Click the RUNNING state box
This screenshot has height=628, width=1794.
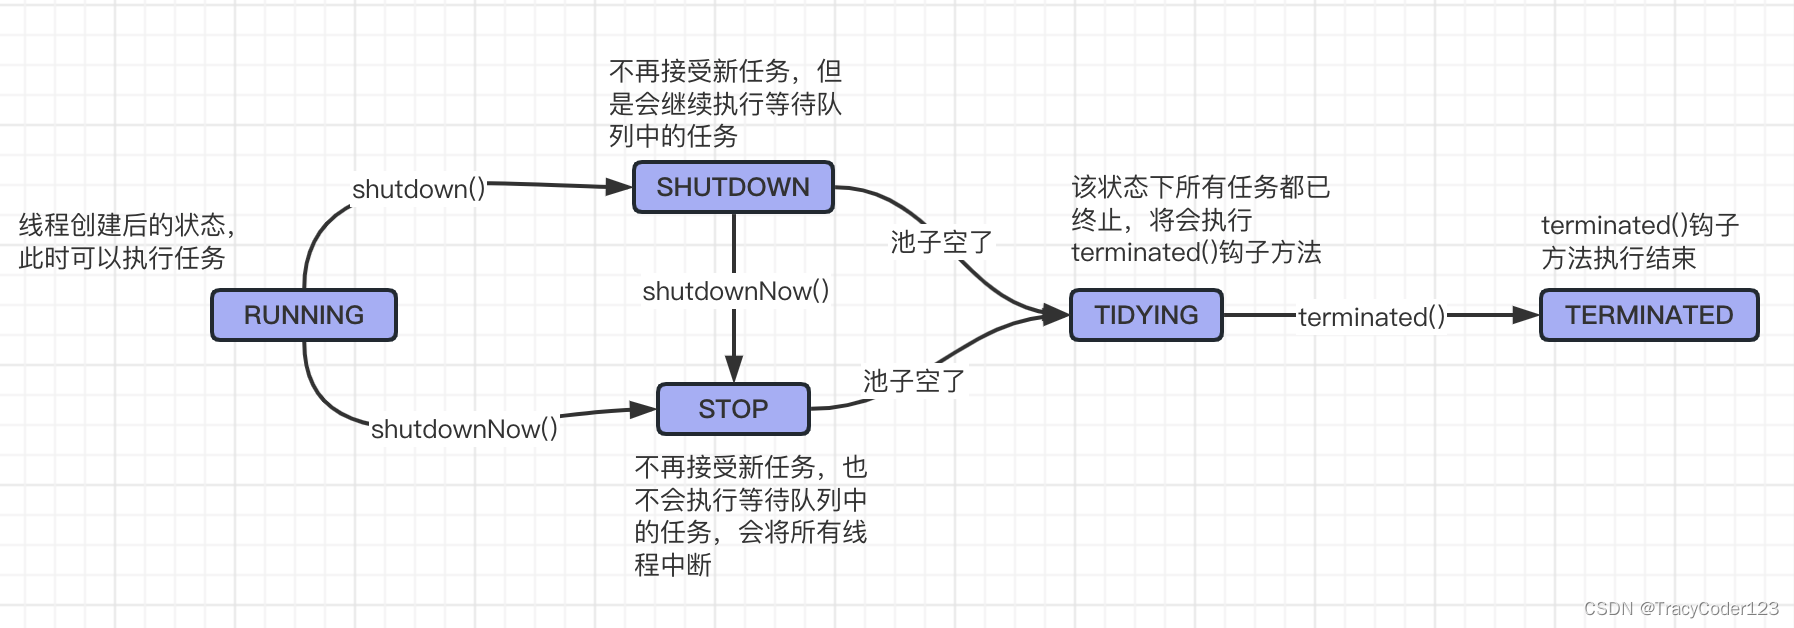pyautogui.click(x=304, y=315)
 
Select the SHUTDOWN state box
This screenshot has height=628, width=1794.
pyautogui.click(x=733, y=187)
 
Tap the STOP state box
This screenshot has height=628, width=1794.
pyautogui.click(x=733, y=409)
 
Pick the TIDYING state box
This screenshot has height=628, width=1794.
pyautogui.click(x=1146, y=315)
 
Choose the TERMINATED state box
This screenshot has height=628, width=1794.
pyautogui.click(x=1649, y=315)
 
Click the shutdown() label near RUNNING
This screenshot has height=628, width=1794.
pyautogui.click(x=418, y=189)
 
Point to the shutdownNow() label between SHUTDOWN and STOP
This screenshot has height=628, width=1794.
pyautogui.click(x=735, y=291)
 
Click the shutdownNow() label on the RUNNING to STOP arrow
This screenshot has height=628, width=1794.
pyautogui.click(x=464, y=429)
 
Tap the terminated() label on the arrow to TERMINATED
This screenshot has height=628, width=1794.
pyautogui.click(x=1371, y=317)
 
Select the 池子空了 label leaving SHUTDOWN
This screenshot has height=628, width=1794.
pyautogui.click(x=940, y=242)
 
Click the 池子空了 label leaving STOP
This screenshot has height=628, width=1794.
pyautogui.click(x=913, y=381)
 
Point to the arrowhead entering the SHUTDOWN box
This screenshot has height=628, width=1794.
pyautogui.click(x=620, y=187)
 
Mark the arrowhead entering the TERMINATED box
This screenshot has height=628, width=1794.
pyautogui.click(x=1526, y=315)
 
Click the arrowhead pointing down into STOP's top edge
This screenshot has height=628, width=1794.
pyautogui.click(x=734, y=370)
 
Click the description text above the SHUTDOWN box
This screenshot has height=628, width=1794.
pyautogui.click(x=725, y=103)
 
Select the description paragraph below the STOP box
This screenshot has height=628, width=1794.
pyautogui.click(x=750, y=515)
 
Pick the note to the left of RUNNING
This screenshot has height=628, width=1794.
pyautogui.click(x=125, y=242)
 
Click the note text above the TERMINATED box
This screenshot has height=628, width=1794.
pyautogui.click(x=1639, y=242)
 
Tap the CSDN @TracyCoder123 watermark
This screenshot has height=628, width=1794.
pyautogui.click(x=1681, y=609)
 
